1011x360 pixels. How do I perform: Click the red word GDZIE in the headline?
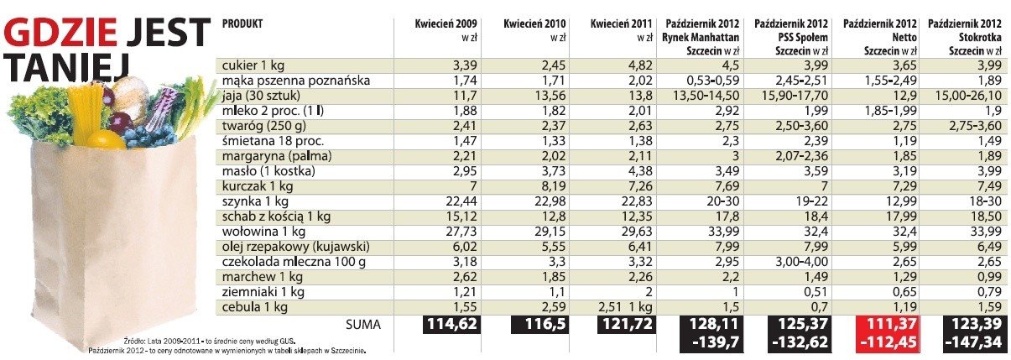pyautogui.click(x=61, y=33)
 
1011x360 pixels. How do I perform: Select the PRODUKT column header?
pyautogui.click(x=242, y=23)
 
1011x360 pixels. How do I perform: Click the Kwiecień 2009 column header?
pyautogui.click(x=446, y=23)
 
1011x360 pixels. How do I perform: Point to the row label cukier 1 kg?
pyautogui.click(x=253, y=65)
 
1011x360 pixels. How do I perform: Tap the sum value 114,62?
pyautogui.click(x=451, y=324)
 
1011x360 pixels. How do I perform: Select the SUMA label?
pyautogui.click(x=363, y=325)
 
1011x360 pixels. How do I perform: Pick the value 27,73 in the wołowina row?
pyautogui.click(x=461, y=232)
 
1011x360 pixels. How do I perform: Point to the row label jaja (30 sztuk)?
pyautogui.click(x=261, y=96)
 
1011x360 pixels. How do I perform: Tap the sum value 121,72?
pyautogui.click(x=627, y=324)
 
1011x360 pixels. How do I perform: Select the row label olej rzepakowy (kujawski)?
pyautogui.click(x=295, y=247)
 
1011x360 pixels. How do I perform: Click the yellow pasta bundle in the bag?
pyautogui.click(x=86, y=114)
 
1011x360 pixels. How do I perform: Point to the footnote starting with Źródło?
pyautogui.click(x=210, y=341)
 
